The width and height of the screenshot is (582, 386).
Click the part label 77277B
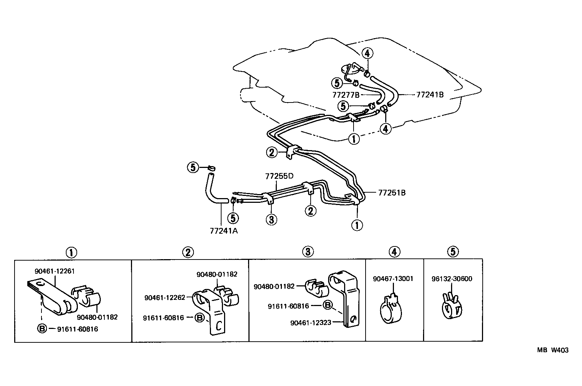click(x=346, y=95)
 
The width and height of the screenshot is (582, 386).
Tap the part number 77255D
click(x=279, y=176)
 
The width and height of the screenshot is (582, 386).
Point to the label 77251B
click(x=391, y=193)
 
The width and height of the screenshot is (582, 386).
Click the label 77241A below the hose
click(x=223, y=230)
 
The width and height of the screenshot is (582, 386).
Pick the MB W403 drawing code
click(x=553, y=350)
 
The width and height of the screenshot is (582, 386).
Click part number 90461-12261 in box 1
click(x=55, y=271)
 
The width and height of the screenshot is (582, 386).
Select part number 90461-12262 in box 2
click(x=164, y=298)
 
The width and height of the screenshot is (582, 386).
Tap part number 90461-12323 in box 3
click(x=311, y=322)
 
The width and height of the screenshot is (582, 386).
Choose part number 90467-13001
click(x=393, y=279)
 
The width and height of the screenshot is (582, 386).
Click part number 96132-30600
click(x=452, y=279)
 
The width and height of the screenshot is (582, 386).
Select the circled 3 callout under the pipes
click(x=271, y=219)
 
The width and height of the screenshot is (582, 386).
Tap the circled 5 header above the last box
click(x=453, y=251)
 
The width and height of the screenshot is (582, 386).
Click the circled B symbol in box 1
click(x=42, y=329)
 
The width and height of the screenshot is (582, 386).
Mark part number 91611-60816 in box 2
click(x=163, y=318)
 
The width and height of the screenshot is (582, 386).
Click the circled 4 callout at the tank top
click(x=367, y=53)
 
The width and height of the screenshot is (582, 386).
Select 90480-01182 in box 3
click(x=274, y=286)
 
